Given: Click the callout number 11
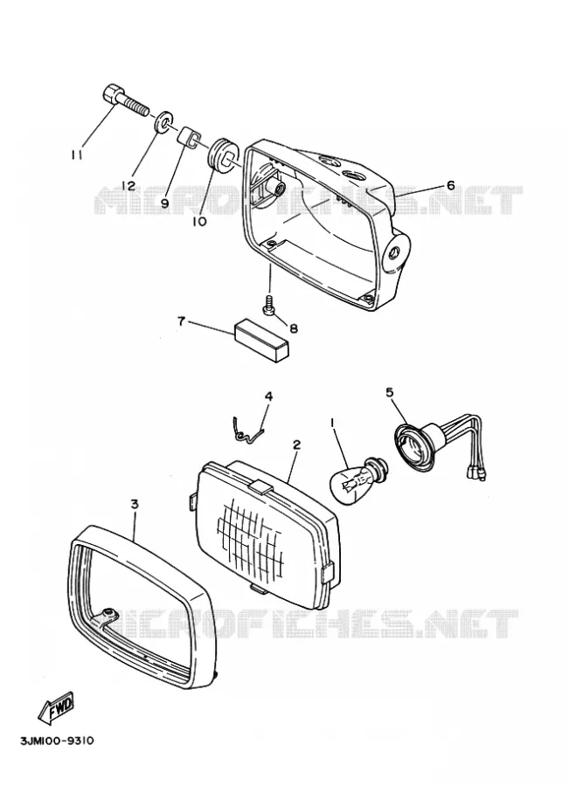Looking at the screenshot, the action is tap(76, 155).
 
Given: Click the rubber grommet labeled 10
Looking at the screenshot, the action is tap(221, 152).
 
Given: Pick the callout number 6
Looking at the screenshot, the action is tap(450, 186).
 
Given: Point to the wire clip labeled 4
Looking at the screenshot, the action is tap(248, 430).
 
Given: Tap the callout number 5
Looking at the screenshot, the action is tap(389, 378).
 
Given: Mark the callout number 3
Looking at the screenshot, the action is tap(134, 504).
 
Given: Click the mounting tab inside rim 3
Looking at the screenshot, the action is tap(108, 614).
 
